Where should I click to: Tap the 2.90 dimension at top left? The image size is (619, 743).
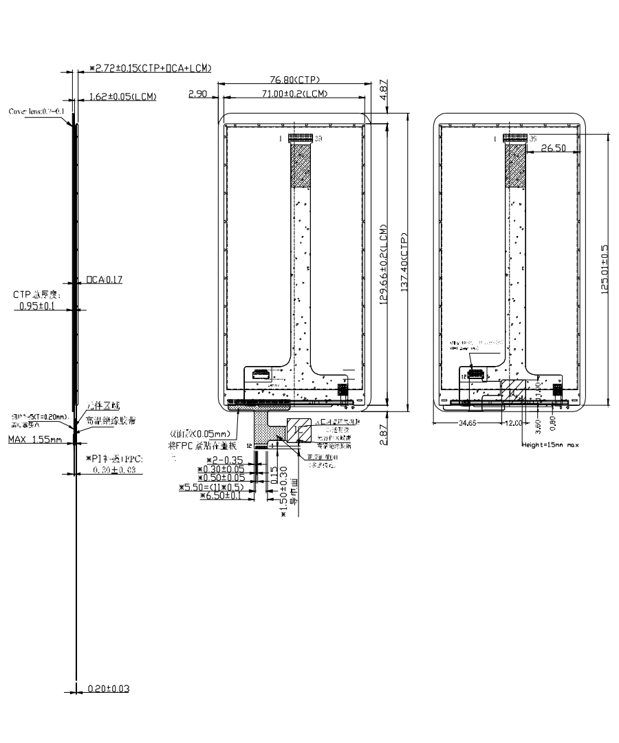(x=198, y=94)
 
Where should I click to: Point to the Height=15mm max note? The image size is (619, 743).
(x=551, y=445)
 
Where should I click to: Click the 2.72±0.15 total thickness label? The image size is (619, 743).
(x=150, y=68)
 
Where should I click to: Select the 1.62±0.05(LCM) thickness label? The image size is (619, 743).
(x=122, y=96)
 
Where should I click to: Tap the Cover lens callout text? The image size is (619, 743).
(x=37, y=111)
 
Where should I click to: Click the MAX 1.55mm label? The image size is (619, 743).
(x=35, y=439)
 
